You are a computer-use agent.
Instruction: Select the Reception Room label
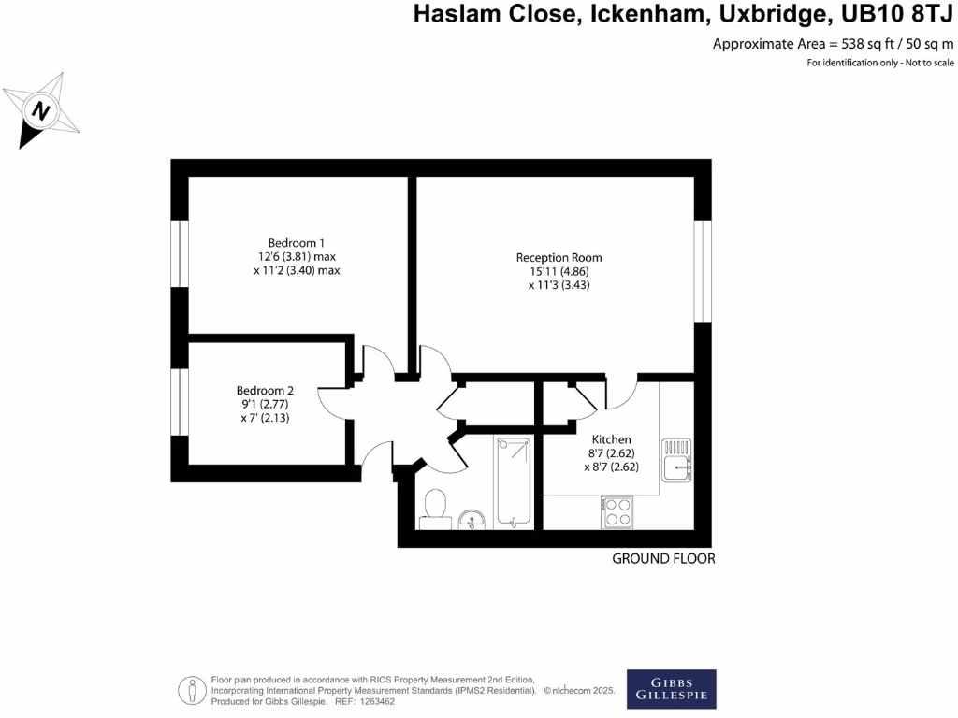559,257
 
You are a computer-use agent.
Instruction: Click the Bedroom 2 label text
265,391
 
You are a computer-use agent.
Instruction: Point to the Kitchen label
611,439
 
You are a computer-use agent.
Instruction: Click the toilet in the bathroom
434,506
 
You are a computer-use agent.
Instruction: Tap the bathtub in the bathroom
513,481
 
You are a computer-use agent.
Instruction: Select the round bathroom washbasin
472,517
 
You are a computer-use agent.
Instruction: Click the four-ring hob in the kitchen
618,511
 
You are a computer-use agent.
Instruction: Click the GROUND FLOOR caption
663,559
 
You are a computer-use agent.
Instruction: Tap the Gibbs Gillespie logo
671,689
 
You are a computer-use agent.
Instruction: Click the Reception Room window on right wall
703,271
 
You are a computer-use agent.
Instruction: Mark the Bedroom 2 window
179,402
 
